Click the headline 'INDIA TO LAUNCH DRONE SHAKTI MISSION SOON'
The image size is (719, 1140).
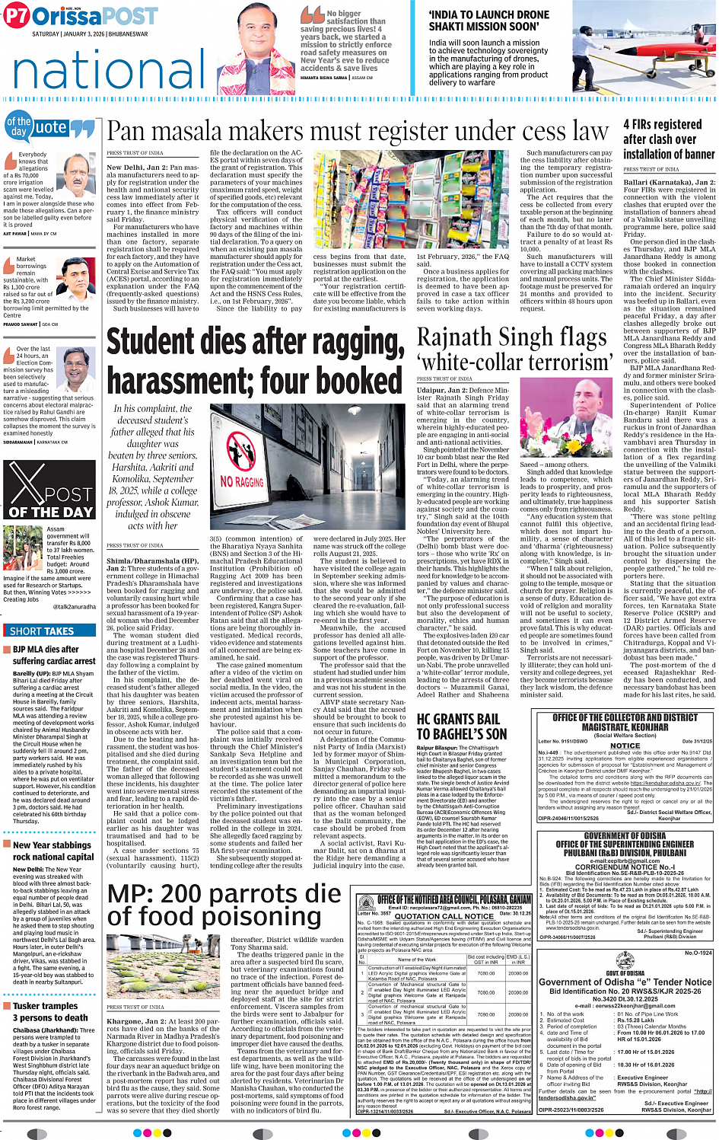(x=488, y=21)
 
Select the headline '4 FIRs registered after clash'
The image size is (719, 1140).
(x=669, y=139)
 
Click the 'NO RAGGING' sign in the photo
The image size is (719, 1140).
(x=242, y=481)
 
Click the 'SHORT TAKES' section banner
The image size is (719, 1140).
(x=43, y=631)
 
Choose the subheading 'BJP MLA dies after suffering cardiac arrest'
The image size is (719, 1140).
(x=53, y=655)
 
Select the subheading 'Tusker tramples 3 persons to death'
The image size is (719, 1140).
(x=50, y=1011)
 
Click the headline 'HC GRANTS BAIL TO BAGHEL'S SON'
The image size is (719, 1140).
(x=461, y=726)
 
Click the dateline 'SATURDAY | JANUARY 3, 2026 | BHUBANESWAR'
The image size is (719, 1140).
(x=90, y=34)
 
